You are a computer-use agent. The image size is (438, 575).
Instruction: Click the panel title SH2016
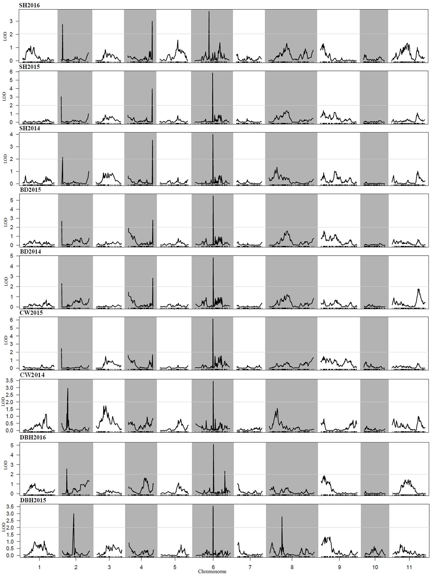[x=29, y=5]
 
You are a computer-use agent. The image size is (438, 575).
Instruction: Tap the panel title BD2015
[x=30, y=190]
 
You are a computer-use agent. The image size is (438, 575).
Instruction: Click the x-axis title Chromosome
[x=212, y=571]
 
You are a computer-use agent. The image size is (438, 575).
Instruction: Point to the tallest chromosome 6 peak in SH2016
[x=209, y=12]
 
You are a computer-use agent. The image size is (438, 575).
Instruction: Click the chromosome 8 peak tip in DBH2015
[x=282, y=517]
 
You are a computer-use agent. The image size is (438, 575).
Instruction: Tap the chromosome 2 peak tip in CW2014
[x=68, y=389]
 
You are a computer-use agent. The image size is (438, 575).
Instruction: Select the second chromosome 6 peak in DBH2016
[x=225, y=471]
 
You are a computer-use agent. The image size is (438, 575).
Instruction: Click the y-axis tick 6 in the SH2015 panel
[x=11, y=72]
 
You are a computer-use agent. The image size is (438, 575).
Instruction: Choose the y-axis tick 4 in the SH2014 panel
[x=11, y=134]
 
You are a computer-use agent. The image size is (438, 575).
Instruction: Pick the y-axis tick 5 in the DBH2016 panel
[x=12, y=445]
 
